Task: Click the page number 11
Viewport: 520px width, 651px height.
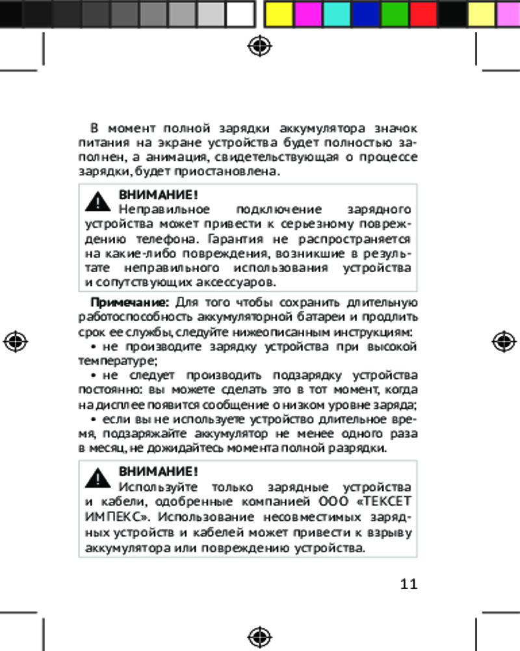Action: (x=409, y=583)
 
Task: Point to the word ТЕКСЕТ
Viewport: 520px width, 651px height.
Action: (x=388, y=502)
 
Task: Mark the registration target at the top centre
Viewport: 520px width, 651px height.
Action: (x=260, y=46)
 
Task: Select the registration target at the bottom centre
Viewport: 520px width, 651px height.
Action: (x=260, y=635)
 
